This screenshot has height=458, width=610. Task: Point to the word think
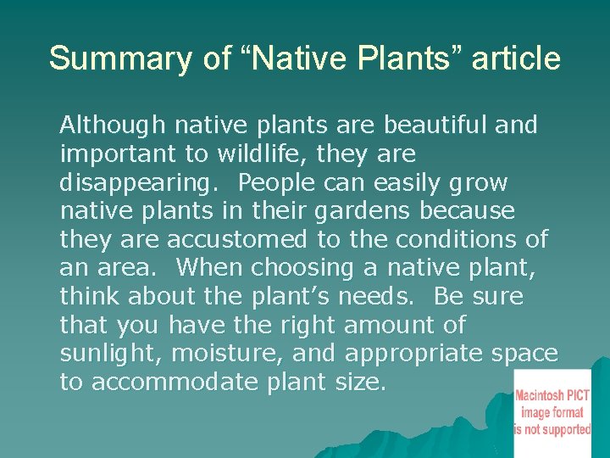click(91, 297)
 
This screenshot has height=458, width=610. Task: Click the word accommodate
click(174, 383)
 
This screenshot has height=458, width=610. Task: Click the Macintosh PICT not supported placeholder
click(552, 402)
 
